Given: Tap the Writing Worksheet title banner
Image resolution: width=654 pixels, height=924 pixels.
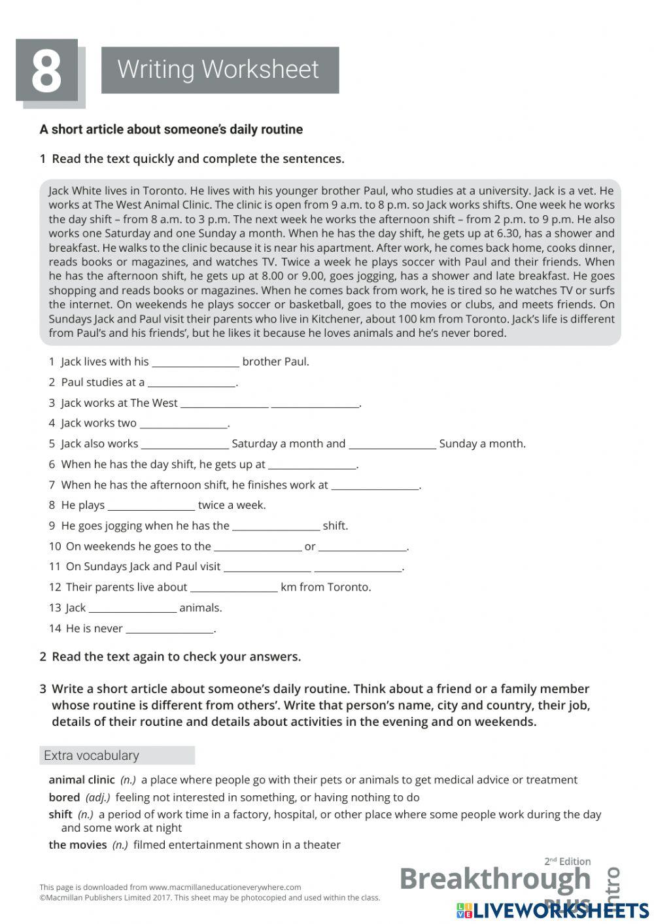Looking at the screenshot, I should [x=220, y=69].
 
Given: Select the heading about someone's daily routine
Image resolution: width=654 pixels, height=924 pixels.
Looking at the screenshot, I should [x=171, y=129].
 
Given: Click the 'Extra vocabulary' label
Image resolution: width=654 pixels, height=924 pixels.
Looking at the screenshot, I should [x=92, y=755].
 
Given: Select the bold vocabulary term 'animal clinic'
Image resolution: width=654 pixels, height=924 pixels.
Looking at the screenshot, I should [x=82, y=779].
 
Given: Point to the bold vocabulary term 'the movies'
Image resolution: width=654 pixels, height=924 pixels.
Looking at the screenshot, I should [x=77, y=845].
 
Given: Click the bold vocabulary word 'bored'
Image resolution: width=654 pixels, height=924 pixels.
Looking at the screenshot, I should [x=64, y=797].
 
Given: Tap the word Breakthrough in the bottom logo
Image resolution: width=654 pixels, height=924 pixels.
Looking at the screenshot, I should [x=494, y=878].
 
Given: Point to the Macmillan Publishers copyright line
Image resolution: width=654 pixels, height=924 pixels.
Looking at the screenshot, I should [x=209, y=898].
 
